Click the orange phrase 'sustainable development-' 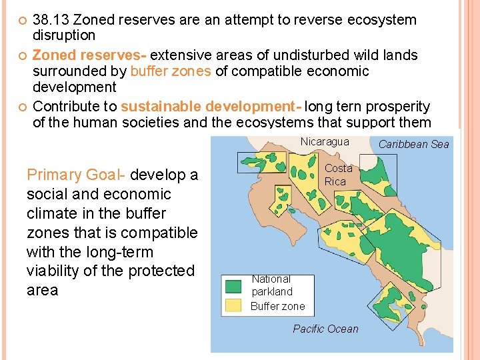(211, 107)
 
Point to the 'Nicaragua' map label (324, 141)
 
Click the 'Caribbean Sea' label (413, 144)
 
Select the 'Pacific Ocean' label (325, 329)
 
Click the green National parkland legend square (233, 287)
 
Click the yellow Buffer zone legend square (233, 305)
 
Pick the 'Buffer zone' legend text (277, 306)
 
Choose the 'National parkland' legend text (272, 285)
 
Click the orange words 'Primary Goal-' (77, 175)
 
